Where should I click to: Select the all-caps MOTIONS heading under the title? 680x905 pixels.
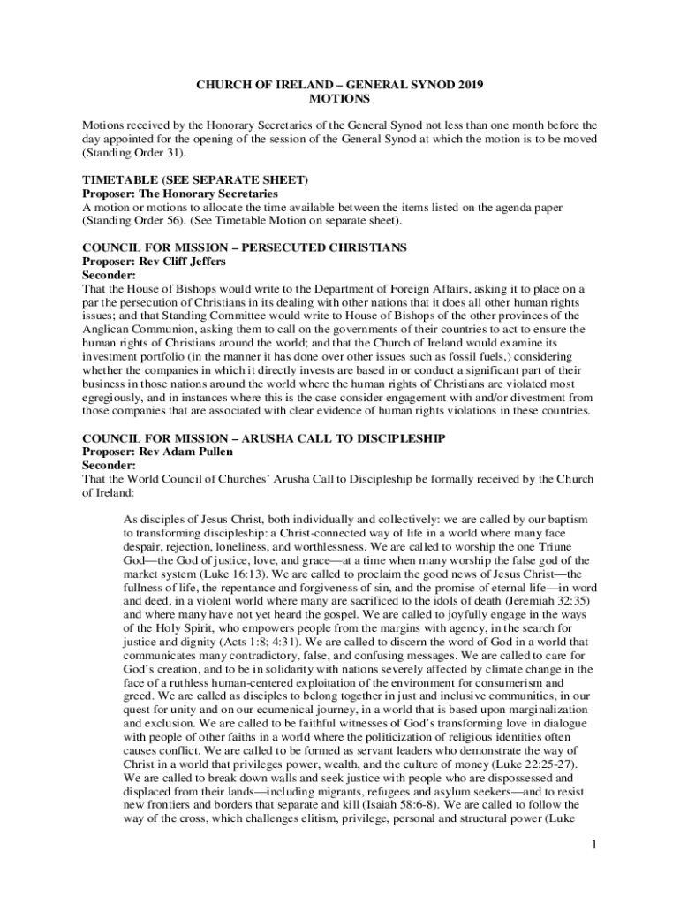(x=339, y=100)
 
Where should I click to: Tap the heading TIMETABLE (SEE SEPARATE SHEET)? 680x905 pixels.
(x=195, y=179)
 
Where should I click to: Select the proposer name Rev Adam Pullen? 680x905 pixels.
(x=186, y=451)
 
